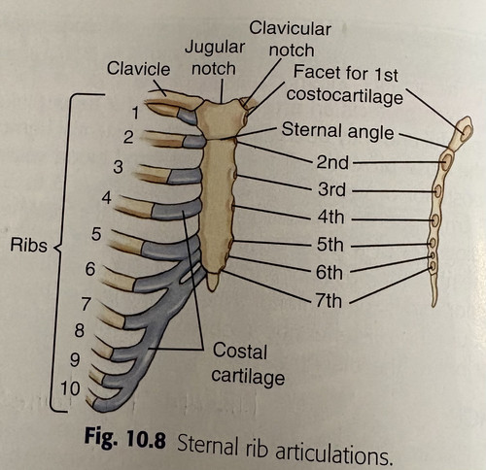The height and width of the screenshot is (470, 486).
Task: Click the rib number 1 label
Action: click(x=135, y=113)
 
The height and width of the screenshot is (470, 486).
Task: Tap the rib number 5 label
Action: click(x=96, y=234)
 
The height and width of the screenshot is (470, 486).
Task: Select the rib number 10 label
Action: click(x=70, y=388)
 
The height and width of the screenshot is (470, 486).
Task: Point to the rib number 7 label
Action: click(x=86, y=304)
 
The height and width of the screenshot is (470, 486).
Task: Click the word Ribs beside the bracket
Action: click(x=28, y=245)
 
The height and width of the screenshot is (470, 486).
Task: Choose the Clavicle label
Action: click(x=138, y=69)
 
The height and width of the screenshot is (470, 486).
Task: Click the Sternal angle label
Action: click(x=337, y=131)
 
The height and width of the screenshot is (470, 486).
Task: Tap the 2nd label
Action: click(x=332, y=162)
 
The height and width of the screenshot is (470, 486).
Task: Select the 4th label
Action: click(x=330, y=217)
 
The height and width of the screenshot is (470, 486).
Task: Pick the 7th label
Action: click(x=329, y=301)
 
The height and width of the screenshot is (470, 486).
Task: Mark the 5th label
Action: click(x=330, y=245)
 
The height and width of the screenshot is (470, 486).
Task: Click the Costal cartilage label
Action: click(x=248, y=364)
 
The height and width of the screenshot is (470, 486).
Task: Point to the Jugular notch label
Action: click(x=214, y=57)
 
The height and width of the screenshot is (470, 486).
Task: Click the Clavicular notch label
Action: click(x=291, y=39)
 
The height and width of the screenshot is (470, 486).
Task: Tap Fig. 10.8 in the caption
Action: click(x=125, y=438)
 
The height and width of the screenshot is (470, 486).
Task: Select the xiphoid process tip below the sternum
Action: click(x=212, y=288)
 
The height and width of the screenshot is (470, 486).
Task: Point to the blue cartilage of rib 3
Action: click(x=185, y=176)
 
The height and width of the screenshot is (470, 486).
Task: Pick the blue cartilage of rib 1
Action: click(x=188, y=116)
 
